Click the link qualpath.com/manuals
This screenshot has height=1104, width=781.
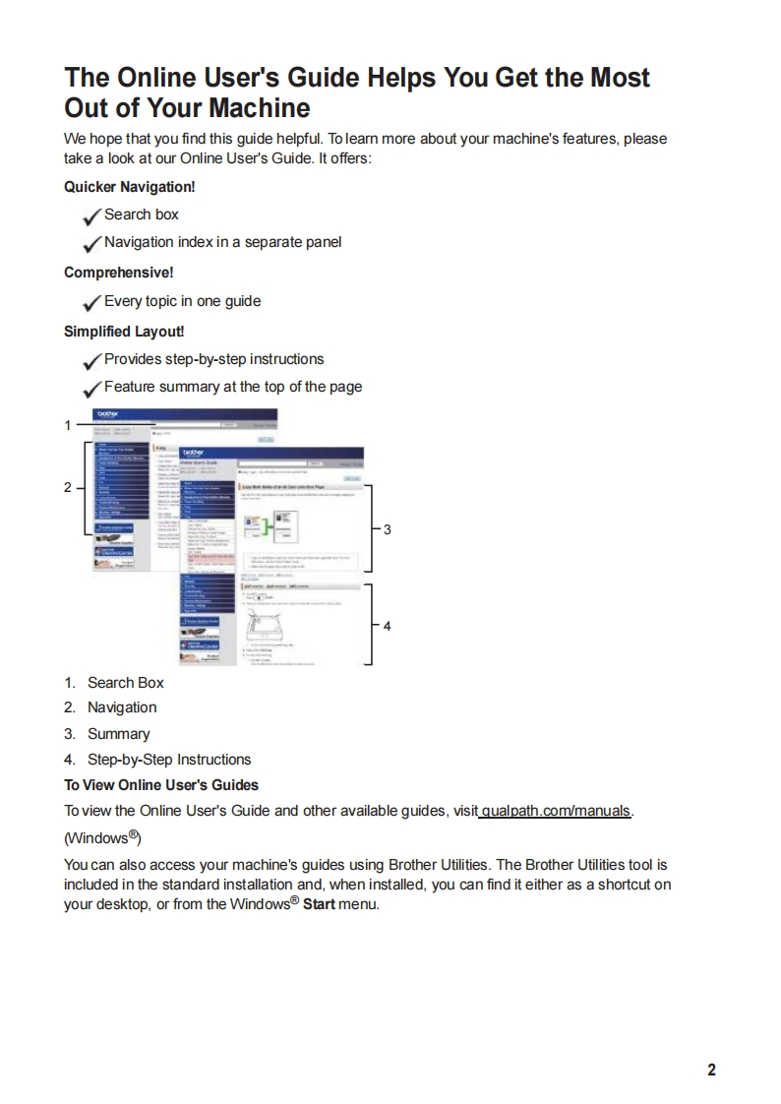point(557,812)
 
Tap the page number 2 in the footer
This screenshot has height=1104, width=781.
point(711,1070)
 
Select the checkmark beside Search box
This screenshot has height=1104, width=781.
point(92,215)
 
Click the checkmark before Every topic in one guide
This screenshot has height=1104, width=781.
point(92,302)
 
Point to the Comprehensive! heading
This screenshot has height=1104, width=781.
point(118,273)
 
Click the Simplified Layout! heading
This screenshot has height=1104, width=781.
point(124,332)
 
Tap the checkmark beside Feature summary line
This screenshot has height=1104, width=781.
point(92,388)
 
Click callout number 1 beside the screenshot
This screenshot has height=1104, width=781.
point(68,426)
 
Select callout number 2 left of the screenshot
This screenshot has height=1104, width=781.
point(68,487)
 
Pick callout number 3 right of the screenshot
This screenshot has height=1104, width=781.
point(388,529)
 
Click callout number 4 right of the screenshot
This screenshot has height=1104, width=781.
point(388,625)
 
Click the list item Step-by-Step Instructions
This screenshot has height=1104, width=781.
point(168,760)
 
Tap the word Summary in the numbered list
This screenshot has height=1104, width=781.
point(118,734)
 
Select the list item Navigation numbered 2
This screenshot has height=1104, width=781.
point(121,707)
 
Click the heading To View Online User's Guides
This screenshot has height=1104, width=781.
point(161,785)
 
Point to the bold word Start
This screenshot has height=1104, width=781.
point(315,905)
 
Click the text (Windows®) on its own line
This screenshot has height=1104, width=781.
point(103,838)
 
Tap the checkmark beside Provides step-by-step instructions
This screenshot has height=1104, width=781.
point(92,360)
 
